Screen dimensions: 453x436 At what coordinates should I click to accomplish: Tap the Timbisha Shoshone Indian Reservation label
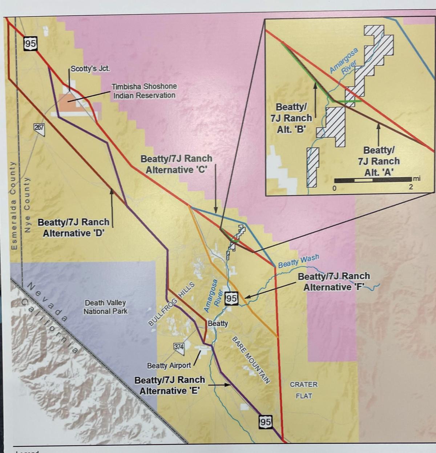tap(144, 91)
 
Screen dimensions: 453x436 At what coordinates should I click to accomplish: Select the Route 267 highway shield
tap(39, 127)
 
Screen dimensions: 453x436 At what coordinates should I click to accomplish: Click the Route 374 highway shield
tap(179, 347)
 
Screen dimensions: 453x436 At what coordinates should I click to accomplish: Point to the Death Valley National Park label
tap(105, 307)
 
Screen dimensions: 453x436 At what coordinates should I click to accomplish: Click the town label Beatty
tap(218, 323)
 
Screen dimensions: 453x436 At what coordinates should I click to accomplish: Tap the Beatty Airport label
tap(169, 365)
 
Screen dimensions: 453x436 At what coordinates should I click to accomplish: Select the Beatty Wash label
tap(298, 261)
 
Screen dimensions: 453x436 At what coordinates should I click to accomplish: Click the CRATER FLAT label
tap(304, 390)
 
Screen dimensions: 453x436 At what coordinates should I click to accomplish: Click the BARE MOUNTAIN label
tap(251, 359)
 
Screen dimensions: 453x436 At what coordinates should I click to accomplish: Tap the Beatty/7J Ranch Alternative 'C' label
tap(176, 164)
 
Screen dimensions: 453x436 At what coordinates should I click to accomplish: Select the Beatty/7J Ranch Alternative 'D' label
tap(73, 227)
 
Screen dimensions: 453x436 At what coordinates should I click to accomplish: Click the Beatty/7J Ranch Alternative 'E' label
tap(170, 385)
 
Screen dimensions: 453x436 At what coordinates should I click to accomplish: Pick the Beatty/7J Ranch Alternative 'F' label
tap(334, 282)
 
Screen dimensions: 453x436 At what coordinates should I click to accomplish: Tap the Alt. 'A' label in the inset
tap(379, 161)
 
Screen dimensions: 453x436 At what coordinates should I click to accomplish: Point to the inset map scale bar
tap(372, 180)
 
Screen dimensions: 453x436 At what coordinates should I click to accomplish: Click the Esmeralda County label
tap(14, 206)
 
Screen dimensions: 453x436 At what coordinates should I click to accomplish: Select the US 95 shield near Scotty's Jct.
tap(31, 44)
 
